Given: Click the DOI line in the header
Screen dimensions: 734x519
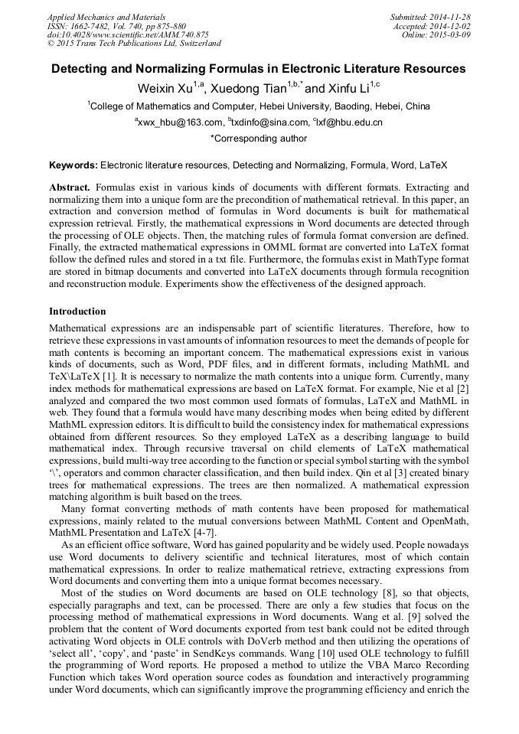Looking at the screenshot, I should point(128,34).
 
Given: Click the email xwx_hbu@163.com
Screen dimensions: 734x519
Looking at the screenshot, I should point(181,122).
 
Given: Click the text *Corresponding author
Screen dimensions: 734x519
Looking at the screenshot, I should point(258,139).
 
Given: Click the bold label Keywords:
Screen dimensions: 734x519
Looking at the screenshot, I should point(73,165).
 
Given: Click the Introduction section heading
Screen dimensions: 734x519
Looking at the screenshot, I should point(77,312).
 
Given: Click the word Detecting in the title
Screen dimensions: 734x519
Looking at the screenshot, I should point(81,69).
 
